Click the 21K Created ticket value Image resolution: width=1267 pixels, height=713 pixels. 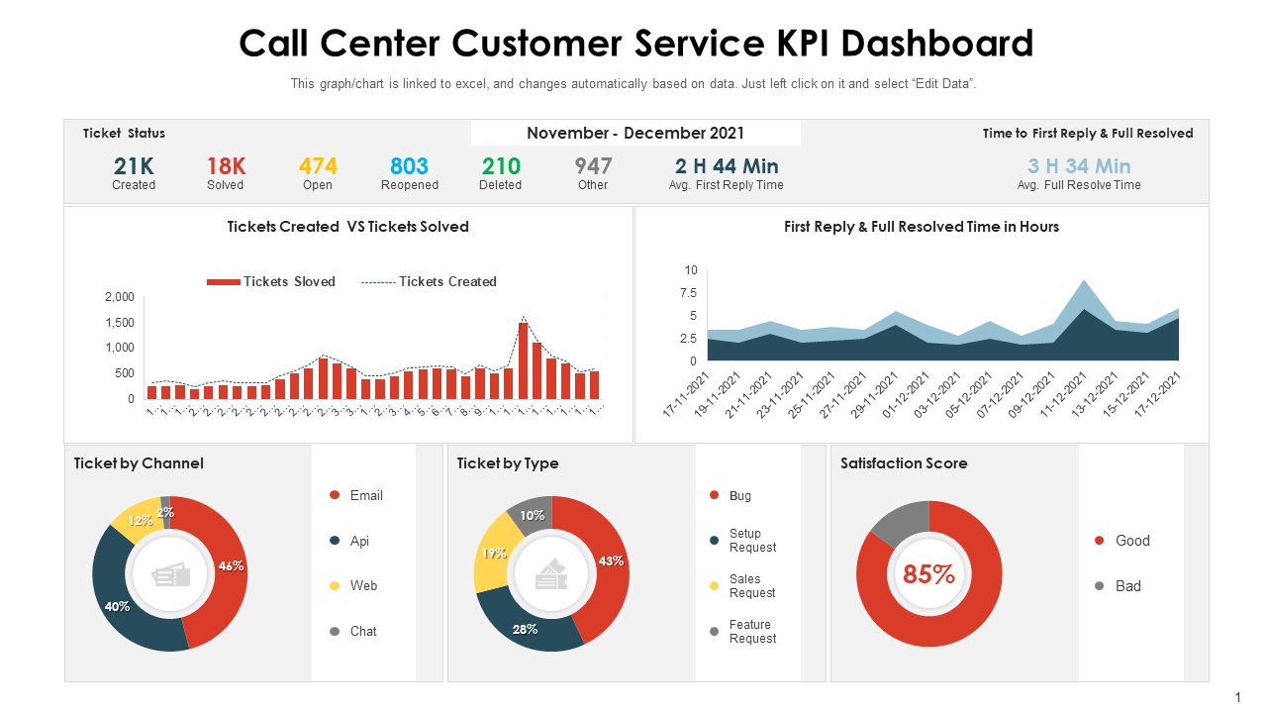coord(134,166)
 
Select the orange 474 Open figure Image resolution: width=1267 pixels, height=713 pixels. coord(318,166)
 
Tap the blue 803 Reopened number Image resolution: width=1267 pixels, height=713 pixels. coord(409,166)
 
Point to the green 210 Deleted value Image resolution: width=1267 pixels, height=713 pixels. coord(501,166)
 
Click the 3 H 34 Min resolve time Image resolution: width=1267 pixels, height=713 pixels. coord(1079,166)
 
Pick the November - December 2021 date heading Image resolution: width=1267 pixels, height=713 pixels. coord(635,134)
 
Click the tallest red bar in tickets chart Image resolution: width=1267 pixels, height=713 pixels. coord(523,360)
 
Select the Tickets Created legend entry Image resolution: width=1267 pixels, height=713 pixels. coord(429,282)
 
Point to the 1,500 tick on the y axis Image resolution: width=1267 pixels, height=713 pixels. coord(120,323)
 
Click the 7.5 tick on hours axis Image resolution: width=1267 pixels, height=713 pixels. coord(686,293)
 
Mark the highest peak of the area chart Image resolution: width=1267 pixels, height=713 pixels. coord(1085,282)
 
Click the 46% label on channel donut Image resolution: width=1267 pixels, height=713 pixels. coord(231,566)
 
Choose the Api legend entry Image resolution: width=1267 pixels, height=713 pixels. coord(358,541)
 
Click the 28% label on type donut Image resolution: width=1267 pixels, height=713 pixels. coord(525,629)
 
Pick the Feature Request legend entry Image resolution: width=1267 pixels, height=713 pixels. coord(751,632)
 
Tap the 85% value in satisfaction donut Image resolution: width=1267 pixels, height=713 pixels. coord(928,574)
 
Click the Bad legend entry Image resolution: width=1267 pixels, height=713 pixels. coord(1127,586)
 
